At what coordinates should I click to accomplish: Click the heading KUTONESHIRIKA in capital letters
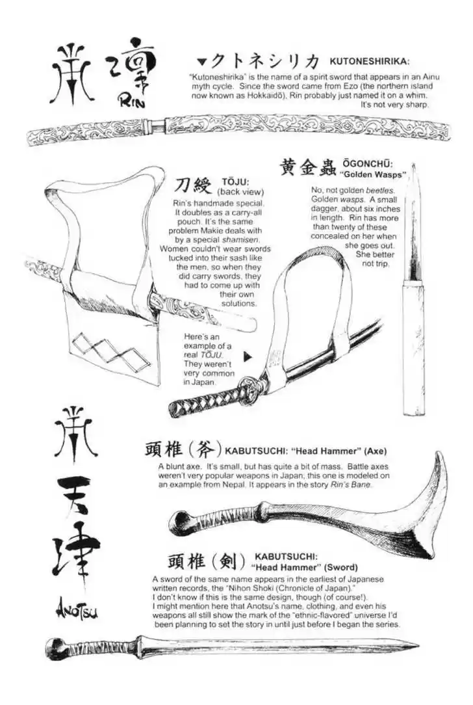tap(369, 61)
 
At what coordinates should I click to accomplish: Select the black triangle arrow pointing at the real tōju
tap(248, 356)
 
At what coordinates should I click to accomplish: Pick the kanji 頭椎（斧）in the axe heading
tap(183, 450)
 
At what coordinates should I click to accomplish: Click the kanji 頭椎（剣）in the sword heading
tap(205, 561)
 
